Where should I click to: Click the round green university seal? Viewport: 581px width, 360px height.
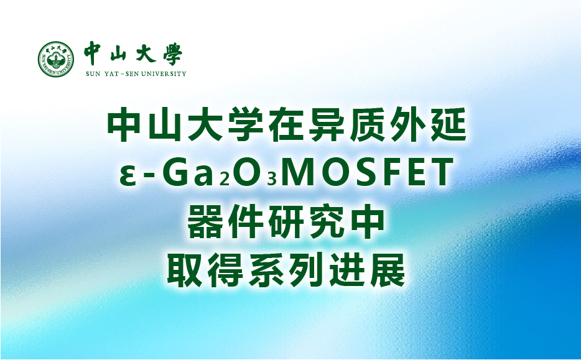pyautogui.click(x=56, y=59)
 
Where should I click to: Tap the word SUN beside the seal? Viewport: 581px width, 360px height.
pyautogui.click(x=93, y=74)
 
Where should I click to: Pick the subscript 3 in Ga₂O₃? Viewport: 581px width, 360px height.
pyautogui.click(x=272, y=179)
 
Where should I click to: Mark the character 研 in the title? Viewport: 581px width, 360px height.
pyautogui.click(x=286, y=221)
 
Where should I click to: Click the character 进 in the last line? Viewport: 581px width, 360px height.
pyautogui.click(x=347, y=270)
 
